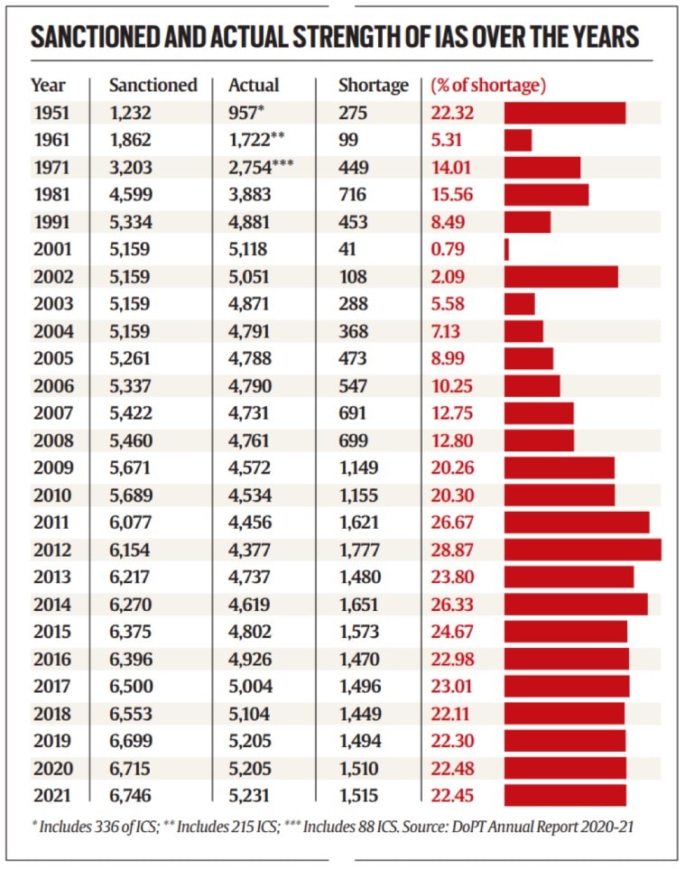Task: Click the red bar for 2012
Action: pos(582,550)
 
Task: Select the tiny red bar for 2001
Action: pos(506,249)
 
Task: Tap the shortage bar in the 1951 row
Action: pos(564,113)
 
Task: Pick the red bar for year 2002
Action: pos(560,276)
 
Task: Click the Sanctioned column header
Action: pos(153,86)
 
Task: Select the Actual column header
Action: pos(254,86)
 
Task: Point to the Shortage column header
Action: pos(373,86)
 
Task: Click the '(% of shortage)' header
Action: pos(488,86)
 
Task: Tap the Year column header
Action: pos(48,86)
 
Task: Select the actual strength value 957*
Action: pos(249,113)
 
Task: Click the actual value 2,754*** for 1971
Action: pos(261,167)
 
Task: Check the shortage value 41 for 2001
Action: pos(347,249)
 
